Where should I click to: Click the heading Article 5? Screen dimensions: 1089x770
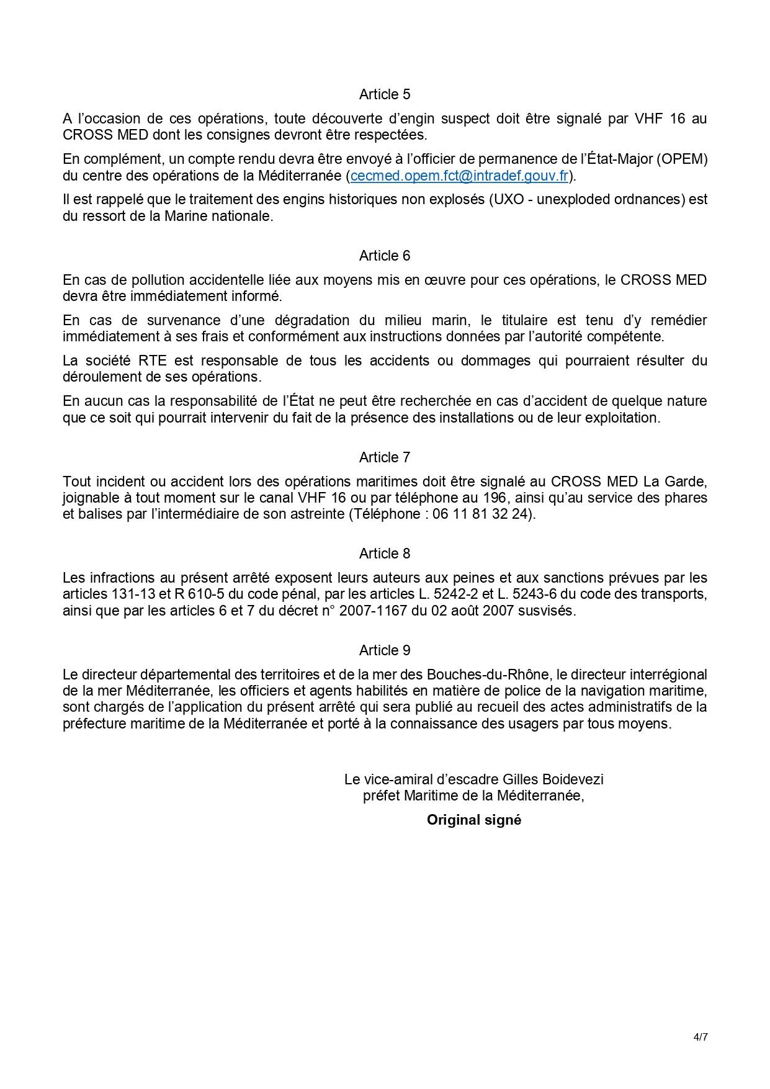click(385, 94)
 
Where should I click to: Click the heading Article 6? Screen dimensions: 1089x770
click(385, 256)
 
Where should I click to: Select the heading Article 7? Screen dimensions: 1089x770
click(385, 457)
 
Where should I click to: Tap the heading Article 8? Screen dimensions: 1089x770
click(385, 553)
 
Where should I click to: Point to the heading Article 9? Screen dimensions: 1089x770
click(385, 650)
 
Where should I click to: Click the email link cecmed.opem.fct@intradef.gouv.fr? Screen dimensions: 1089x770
click(459, 176)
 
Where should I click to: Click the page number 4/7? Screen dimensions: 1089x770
click(701, 1037)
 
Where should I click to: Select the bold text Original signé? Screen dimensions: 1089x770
click(474, 820)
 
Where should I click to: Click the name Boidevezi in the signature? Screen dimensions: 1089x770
click(573, 779)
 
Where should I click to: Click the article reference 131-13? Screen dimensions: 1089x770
click(133, 594)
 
